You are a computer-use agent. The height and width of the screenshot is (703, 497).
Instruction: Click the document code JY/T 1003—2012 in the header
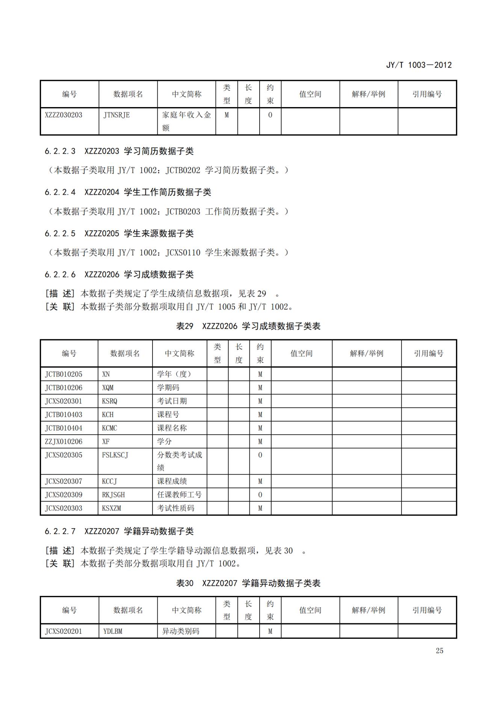pos(418,65)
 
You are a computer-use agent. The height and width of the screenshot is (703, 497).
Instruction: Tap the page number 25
pos(439,650)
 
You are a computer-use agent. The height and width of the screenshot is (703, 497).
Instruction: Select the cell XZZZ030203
pos(63,115)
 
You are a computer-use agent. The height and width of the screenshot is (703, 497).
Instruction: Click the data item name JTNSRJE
pos(116,115)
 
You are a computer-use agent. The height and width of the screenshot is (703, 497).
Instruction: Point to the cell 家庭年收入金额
pos(186,121)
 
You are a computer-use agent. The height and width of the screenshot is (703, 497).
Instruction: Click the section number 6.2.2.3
pos(60,151)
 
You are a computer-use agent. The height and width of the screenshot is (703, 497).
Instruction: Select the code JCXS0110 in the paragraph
pos(183,252)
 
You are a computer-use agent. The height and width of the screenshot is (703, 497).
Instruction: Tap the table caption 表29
pos(184,326)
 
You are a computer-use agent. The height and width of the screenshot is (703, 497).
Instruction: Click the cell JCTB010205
pos(63,374)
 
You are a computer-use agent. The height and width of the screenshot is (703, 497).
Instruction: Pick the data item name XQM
pos(108,388)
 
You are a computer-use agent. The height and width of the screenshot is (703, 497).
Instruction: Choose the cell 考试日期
pos(172,401)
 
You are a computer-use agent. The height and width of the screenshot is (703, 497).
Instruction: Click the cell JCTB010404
pos(63,428)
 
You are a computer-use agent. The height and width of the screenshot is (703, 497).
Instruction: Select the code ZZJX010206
pos(63,441)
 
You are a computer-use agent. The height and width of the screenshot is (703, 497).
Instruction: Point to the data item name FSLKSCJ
pos(115,455)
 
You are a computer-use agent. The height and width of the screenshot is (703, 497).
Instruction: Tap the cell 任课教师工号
pos(179,495)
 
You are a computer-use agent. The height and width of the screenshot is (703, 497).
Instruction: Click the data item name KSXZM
pos(112,508)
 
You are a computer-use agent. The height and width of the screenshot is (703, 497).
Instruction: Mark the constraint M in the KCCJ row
pos(260,481)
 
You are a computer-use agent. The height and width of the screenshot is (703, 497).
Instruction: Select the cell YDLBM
pos(113,631)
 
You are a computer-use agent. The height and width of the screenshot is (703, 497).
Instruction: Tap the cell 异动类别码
pos(180,631)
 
